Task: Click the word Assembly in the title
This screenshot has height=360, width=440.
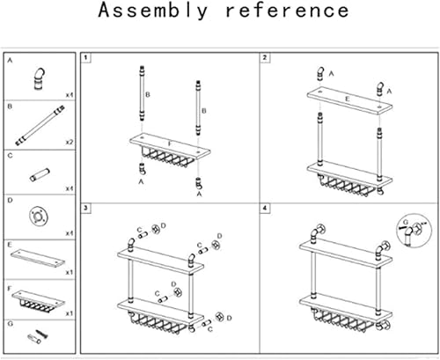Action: [153, 11]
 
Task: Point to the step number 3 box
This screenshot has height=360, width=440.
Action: [87, 208]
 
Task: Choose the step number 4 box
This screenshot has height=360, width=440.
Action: [265, 208]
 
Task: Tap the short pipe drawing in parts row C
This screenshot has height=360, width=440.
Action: [40, 171]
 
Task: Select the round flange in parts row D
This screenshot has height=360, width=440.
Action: [40, 215]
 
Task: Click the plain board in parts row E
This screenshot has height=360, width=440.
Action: [38, 257]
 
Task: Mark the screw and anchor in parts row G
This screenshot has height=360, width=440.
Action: [40, 339]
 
